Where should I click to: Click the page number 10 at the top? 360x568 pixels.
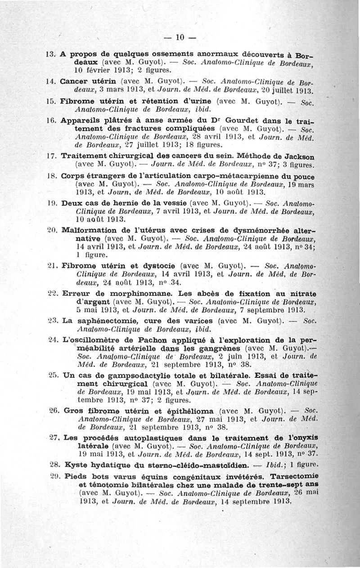click(x=180, y=37)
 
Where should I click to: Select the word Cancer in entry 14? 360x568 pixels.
click(x=74, y=82)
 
